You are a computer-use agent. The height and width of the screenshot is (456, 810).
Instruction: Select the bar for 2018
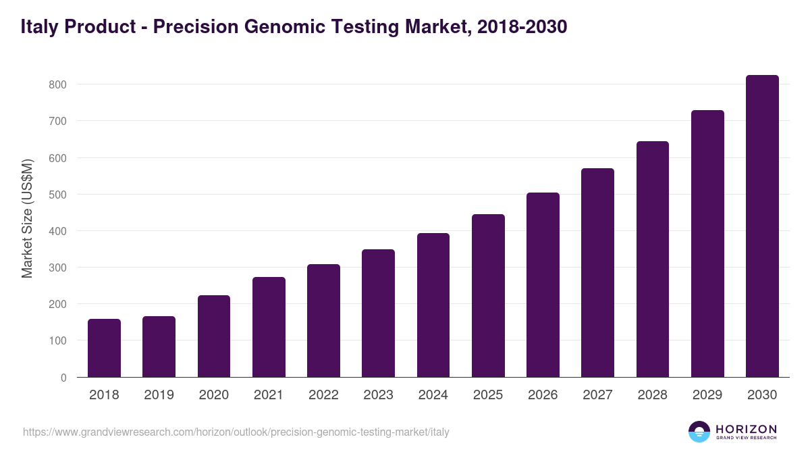(104, 348)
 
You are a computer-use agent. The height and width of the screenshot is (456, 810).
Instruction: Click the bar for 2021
(269, 327)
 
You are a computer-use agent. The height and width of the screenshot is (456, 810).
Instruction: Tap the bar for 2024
(433, 305)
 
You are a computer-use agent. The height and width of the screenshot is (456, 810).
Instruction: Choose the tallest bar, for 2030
(762, 226)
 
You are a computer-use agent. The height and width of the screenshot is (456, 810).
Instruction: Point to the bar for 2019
(159, 347)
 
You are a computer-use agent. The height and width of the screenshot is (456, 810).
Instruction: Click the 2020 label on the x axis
(214, 395)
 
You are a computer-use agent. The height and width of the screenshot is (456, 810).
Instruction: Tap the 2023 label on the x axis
(378, 395)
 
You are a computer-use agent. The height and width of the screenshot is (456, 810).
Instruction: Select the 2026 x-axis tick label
(543, 395)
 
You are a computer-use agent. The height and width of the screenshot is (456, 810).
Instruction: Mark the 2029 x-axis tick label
(707, 395)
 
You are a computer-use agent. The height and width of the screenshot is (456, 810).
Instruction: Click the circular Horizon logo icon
(699, 432)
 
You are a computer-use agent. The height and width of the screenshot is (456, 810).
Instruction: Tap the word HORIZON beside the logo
(746, 429)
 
